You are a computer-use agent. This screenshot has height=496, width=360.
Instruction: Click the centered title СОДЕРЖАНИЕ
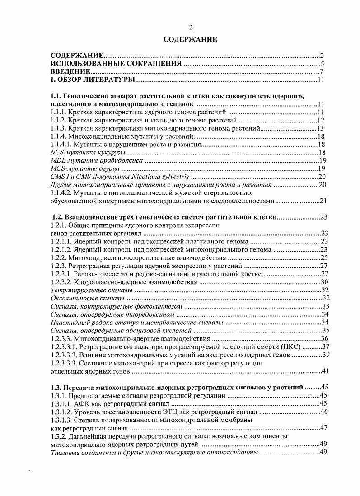click(190, 40)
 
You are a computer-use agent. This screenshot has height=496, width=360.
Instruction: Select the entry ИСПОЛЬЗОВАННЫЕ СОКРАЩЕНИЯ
click(116, 64)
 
